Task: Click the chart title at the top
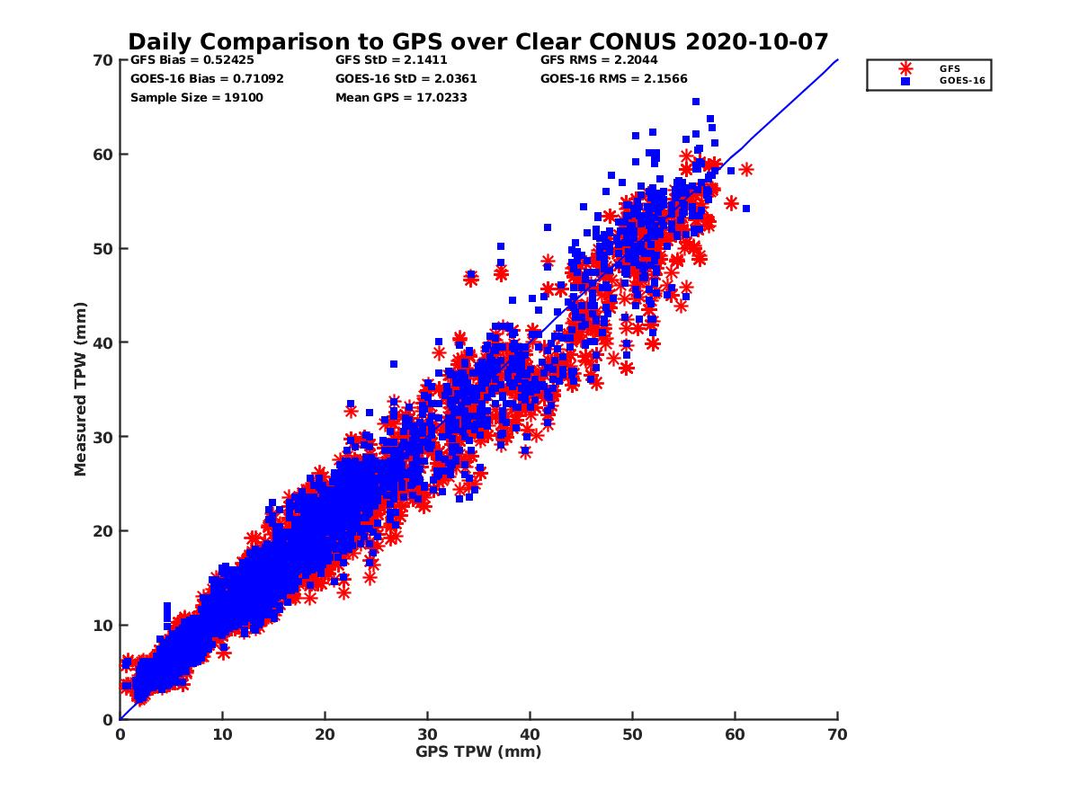tap(477, 42)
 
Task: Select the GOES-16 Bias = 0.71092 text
tap(207, 78)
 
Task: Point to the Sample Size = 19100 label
tap(197, 97)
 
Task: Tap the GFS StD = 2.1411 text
tap(397, 60)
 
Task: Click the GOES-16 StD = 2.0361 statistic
tap(406, 78)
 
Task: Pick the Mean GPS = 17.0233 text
tap(401, 97)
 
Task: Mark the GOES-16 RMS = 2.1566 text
tap(614, 78)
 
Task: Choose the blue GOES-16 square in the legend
tap(905, 81)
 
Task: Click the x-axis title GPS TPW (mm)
tap(478, 751)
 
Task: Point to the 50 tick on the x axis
tap(632, 734)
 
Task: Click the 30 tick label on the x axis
tap(427, 734)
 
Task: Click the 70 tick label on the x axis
tap(837, 734)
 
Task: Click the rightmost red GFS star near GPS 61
tap(745, 169)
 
